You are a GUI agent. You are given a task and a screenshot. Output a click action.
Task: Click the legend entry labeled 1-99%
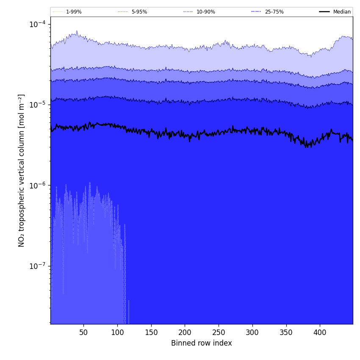[x=73, y=12]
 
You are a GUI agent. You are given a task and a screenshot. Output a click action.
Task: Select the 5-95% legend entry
[x=139, y=12]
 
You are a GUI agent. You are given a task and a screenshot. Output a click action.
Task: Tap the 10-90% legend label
[x=205, y=12]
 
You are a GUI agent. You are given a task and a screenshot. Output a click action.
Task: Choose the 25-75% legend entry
[x=274, y=12]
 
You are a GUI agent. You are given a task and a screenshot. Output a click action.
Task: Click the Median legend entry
[x=342, y=12]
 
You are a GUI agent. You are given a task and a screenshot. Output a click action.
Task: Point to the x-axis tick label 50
[x=83, y=333]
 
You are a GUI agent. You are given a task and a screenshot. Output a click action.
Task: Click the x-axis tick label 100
[x=117, y=333]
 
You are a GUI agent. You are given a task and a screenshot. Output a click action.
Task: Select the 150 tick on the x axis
[x=151, y=333]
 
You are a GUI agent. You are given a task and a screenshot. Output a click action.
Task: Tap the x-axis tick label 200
[x=185, y=333]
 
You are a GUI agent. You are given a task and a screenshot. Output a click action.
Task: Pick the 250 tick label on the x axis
[x=219, y=333]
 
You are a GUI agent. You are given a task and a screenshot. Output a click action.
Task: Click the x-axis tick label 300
[x=252, y=333]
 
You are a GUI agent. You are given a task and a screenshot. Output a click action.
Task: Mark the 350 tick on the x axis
[x=286, y=333]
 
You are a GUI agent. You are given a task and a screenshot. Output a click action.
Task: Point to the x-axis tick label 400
[x=320, y=333]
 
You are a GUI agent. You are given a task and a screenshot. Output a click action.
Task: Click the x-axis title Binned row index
[x=202, y=343]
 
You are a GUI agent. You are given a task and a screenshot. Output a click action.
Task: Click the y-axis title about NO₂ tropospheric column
[x=22, y=170]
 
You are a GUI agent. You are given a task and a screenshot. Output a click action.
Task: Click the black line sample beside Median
[x=325, y=12]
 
